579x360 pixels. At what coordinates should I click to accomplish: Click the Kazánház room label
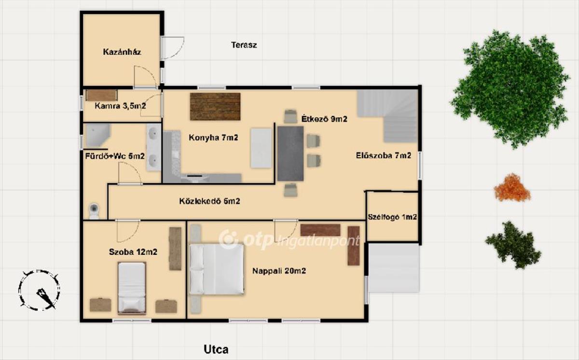[x=122, y=52]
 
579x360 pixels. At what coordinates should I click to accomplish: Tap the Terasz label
[x=244, y=45]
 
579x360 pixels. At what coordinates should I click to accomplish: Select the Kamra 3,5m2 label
[x=120, y=106]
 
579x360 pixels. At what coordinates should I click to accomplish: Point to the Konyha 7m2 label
[x=213, y=138]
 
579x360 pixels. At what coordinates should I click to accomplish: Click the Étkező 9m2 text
[x=324, y=119]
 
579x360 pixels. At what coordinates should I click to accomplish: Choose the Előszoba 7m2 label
[x=383, y=155]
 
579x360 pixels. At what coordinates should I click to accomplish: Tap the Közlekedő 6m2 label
[x=209, y=201]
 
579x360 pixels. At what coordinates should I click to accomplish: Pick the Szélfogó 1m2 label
[x=392, y=217]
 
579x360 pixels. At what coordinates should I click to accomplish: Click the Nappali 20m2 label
[x=279, y=271]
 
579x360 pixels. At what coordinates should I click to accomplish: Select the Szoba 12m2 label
[x=133, y=252]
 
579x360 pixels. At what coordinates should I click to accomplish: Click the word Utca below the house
[x=216, y=349]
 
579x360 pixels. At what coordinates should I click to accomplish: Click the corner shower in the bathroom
[x=97, y=136]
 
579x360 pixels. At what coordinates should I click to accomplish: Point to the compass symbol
[x=39, y=290]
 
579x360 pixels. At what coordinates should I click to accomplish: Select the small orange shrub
[x=512, y=188]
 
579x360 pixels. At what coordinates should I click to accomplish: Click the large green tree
[x=509, y=88]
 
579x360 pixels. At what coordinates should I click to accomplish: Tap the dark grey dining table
[x=290, y=153]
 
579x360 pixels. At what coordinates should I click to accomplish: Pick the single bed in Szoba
[x=132, y=289]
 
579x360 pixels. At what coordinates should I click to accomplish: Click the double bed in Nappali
[x=217, y=269]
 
